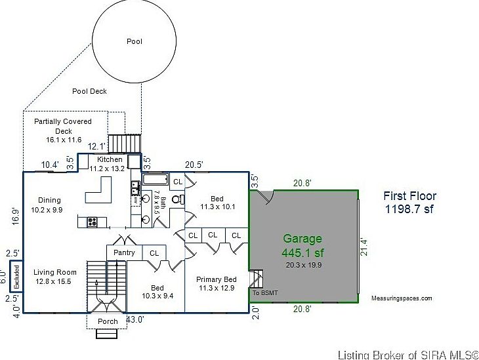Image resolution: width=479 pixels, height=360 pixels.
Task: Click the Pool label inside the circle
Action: [x=134, y=41]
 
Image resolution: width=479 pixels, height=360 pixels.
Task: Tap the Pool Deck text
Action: [x=89, y=91]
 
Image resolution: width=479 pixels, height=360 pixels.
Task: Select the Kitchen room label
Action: [x=110, y=159]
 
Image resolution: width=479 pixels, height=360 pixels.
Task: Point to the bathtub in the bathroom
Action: [x=156, y=179]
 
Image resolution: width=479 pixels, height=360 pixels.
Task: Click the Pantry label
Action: [x=124, y=252]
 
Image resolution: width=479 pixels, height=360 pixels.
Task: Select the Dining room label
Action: [x=49, y=200]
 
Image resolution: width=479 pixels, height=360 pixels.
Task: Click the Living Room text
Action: [x=55, y=272]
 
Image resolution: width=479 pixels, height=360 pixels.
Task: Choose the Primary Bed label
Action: [x=216, y=279]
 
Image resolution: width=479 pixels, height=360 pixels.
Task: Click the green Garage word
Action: [x=302, y=239]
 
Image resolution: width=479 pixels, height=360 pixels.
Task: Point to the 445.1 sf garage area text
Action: [x=302, y=252]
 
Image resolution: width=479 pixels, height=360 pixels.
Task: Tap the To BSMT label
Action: [x=265, y=292]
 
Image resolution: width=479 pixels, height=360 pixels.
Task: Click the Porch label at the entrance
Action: [x=108, y=321]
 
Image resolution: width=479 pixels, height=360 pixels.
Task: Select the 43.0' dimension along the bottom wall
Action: [x=135, y=319]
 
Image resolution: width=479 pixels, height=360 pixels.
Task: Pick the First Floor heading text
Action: [x=410, y=195]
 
